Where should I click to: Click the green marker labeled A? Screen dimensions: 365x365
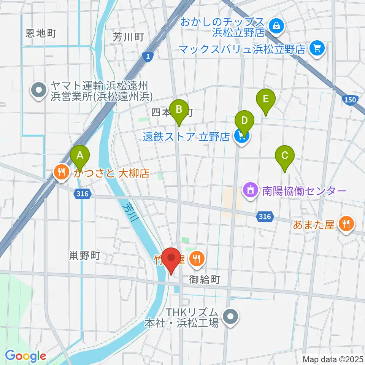[x=80, y=156]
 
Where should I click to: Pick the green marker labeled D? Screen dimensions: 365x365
[x=244, y=121]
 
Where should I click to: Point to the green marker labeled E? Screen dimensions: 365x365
[x=266, y=99]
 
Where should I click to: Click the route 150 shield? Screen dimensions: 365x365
[x=352, y=100]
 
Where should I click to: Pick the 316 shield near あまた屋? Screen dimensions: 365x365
[x=264, y=217]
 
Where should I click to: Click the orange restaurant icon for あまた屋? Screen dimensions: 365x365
[x=346, y=224]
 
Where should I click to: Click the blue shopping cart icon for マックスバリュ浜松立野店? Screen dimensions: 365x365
[x=316, y=48]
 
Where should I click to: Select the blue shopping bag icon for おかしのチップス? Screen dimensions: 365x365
[x=274, y=26]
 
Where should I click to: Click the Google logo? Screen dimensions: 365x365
[x=26, y=356]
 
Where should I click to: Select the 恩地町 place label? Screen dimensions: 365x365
[x=41, y=33]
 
